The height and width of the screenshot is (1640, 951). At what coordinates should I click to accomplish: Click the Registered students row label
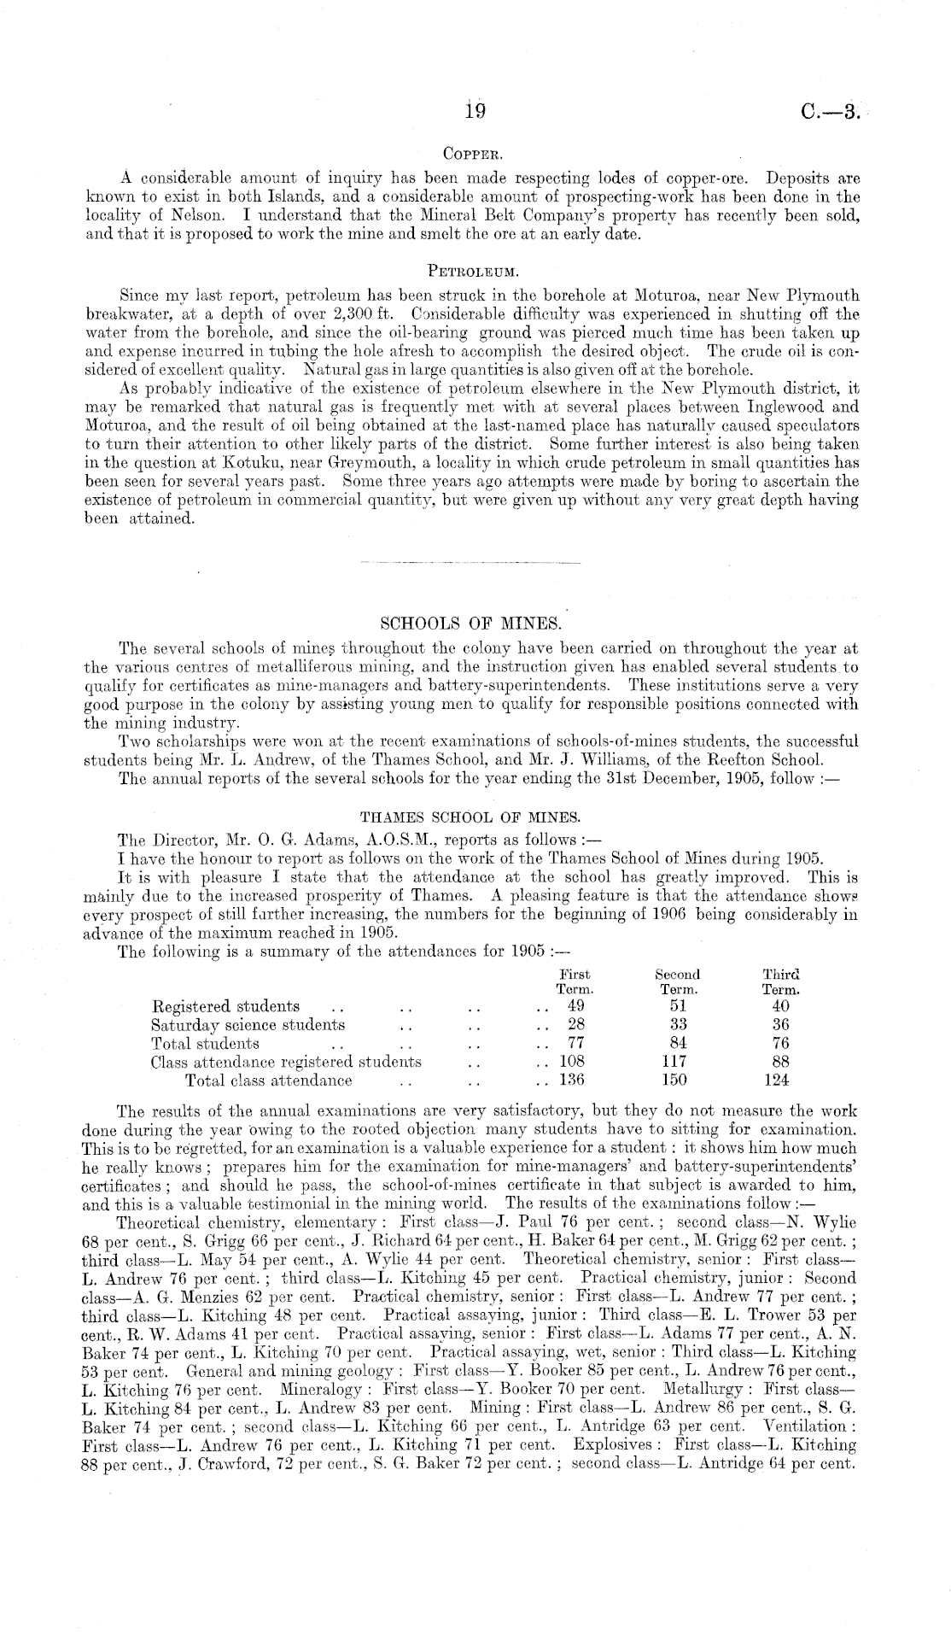pyautogui.click(x=225, y=1005)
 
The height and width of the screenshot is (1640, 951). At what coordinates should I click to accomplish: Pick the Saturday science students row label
pyautogui.click(x=248, y=1024)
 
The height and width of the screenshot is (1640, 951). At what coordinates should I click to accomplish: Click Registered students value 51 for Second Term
pyautogui.click(x=678, y=1005)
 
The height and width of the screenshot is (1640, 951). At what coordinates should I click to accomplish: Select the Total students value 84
pyautogui.click(x=679, y=1043)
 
